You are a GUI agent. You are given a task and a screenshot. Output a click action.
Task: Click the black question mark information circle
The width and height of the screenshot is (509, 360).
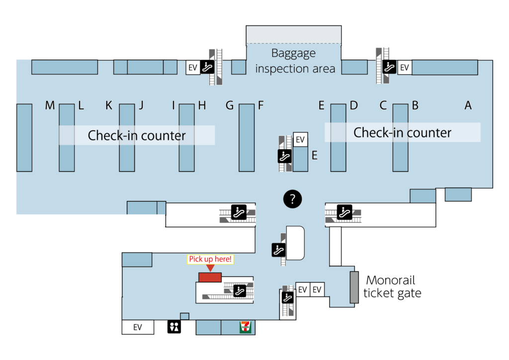(292, 199)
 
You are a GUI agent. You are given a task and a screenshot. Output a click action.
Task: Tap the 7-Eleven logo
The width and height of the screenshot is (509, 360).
(245, 327)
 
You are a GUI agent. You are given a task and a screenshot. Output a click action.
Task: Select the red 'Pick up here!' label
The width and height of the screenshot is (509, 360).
(211, 259)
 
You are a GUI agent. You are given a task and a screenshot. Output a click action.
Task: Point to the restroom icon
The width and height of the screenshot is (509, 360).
(174, 327)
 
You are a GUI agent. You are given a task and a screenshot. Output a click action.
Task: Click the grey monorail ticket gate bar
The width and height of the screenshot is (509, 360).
(354, 287)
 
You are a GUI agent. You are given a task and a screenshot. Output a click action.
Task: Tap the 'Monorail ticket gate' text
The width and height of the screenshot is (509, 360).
(392, 286)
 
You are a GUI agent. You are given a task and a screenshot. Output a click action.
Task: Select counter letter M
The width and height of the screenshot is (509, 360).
(50, 105)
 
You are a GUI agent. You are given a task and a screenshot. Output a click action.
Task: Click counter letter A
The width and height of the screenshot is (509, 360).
(468, 105)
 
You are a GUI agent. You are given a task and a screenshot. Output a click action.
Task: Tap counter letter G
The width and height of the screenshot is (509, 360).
(230, 105)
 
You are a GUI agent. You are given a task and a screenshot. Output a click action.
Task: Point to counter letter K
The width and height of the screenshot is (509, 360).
(109, 105)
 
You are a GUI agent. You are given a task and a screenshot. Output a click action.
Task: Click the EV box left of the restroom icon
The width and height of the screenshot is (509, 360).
(138, 327)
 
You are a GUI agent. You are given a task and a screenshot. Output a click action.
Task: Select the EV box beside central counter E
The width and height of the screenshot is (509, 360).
(300, 140)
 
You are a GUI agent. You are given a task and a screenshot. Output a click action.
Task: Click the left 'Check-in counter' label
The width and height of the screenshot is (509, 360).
(137, 135)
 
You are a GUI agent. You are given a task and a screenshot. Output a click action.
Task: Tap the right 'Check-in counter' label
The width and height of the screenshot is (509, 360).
(402, 133)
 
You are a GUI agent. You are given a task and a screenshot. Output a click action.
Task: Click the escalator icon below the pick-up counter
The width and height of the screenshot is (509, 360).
(240, 290)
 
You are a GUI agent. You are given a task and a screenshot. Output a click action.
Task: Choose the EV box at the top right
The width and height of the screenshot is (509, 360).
(404, 67)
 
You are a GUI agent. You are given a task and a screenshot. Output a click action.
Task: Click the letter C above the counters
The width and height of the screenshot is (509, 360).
(383, 105)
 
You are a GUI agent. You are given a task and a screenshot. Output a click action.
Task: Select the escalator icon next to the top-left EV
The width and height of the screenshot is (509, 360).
(207, 67)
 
